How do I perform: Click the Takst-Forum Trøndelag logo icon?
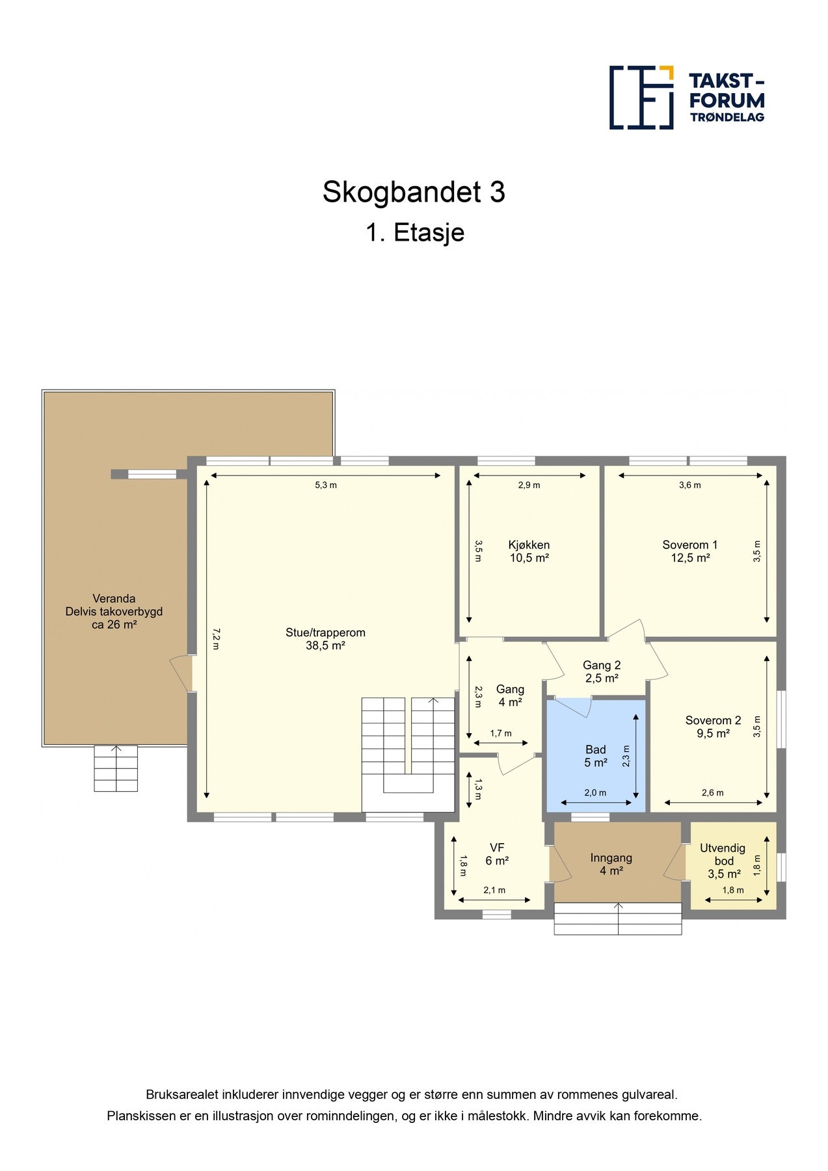point(641,98)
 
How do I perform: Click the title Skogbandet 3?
point(414,192)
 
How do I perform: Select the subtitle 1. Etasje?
point(415,232)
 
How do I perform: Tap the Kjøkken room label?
point(529,545)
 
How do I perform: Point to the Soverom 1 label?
point(689,545)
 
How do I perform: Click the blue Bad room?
point(596,755)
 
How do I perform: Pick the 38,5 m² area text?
point(325,645)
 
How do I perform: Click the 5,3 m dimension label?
point(326,485)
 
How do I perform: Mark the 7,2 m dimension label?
point(217,638)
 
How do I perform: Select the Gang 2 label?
point(602,666)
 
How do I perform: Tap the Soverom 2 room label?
point(713,720)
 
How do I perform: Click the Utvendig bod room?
point(733,865)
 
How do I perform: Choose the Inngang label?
point(611,858)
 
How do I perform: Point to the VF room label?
point(497,848)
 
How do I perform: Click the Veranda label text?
point(114,599)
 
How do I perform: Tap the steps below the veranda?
point(116,768)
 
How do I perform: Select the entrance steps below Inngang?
point(618,919)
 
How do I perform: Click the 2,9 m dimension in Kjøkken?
point(529,485)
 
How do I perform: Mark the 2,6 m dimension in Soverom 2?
point(712,793)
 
